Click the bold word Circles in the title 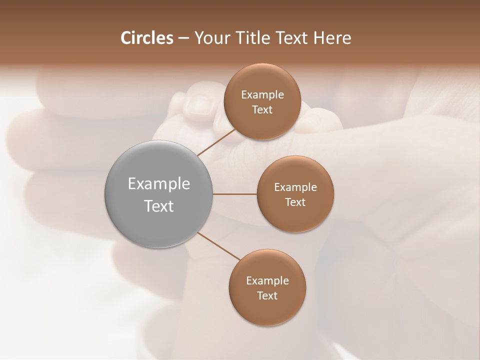(x=146, y=38)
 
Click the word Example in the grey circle (x=159, y=184)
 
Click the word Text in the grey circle (x=159, y=206)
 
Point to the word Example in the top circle (x=262, y=95)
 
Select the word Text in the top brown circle (x=262, y=110)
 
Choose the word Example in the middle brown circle (x=295, y=187)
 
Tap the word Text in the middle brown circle (x=295, y=202)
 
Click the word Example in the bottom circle (x=267, y=281)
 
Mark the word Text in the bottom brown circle (x=267, y=296)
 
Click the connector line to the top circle (x=216, y=142)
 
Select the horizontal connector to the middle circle (x=235, y=194)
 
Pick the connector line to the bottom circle (x=219, y=246)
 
